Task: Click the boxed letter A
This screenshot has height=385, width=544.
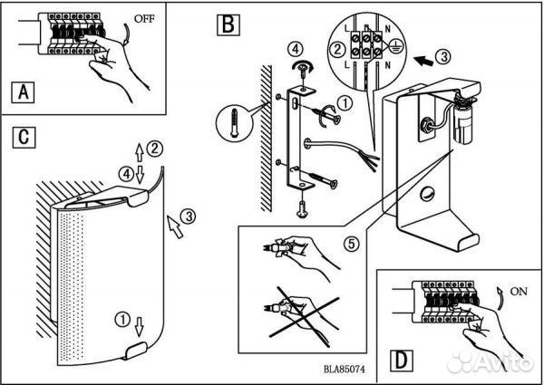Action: (24, 92)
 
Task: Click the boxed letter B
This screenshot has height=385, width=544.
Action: (228, 24)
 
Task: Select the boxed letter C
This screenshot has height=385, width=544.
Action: (24, 137)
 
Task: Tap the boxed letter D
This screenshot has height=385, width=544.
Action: (402, 361)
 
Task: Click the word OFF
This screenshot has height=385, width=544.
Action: (144, 18)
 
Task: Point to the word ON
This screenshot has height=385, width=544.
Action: (519, 292)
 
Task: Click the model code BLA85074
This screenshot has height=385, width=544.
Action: (345, 370)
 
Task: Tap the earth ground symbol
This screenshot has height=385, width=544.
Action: (395, 47)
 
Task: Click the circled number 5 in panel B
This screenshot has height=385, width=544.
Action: (352, 245)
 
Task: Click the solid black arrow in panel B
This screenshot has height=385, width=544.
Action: (424, 61)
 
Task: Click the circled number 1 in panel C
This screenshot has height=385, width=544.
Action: (122, 320)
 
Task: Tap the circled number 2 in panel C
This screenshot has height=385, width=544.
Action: (154, 149)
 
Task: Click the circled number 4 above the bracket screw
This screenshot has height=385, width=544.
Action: (295, 49)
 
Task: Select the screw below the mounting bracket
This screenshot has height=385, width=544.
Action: (303, 209)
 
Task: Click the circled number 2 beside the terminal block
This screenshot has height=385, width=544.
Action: (337, 49)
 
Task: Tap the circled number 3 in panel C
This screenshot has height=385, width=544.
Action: (189, 217)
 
